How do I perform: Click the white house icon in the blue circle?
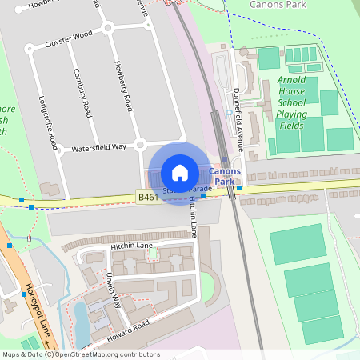click(x=180, y=172)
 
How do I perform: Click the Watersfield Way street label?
click(x=99, y=147)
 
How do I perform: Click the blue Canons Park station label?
click(x=223, y=177)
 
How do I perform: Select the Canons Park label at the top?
click(x=278, y=5)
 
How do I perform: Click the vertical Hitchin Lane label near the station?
click(x=193, y=218)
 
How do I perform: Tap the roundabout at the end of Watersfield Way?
click(x=140, y=145)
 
